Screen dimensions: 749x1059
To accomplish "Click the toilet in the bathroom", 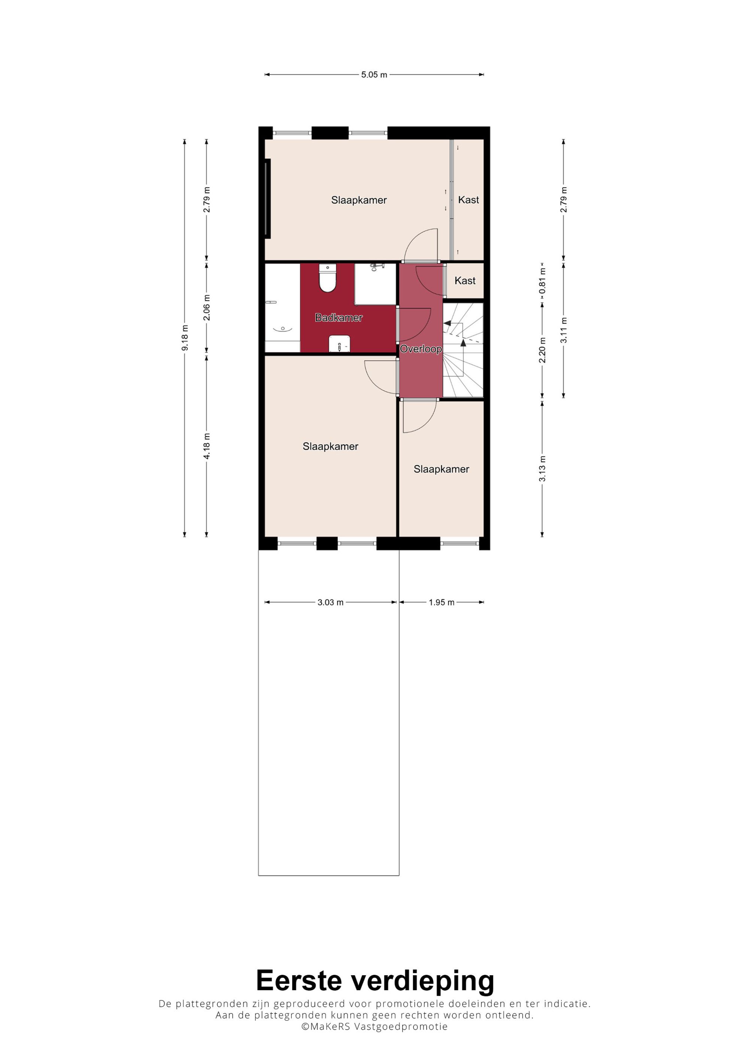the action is coord(328,278).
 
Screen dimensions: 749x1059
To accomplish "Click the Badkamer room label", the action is coord(339,317).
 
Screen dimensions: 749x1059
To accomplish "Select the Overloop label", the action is coord(421,349).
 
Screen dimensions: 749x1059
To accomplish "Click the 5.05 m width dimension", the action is coord(374,74).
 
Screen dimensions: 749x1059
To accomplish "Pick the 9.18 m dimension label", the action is coord(185,338).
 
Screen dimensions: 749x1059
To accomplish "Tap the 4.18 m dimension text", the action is coord(207,446).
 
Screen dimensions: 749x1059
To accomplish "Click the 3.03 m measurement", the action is coord(330,602).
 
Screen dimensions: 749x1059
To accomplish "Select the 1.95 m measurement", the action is coord(442,602).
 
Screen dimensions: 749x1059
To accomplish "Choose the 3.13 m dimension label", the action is coord(542,469).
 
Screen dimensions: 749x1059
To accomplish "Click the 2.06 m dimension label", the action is coord(207,308).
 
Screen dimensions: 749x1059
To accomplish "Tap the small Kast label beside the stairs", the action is coord(465,280).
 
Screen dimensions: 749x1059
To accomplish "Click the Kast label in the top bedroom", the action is coord(468,200).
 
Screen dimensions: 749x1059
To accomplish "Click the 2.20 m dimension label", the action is coord(542,350).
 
